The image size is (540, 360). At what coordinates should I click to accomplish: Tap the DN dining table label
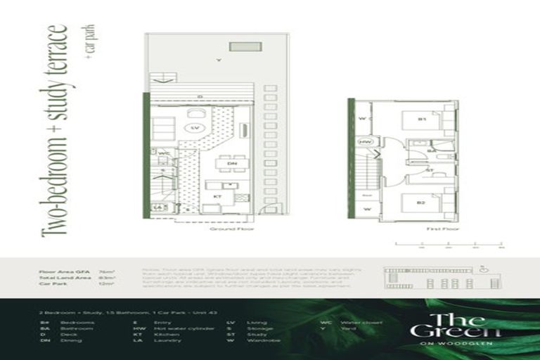(x=232, y=163)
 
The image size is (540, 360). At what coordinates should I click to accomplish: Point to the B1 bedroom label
(x=422, y=120)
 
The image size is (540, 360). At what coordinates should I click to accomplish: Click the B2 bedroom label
(x=420, y=204)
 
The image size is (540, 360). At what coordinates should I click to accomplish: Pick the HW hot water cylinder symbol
(x=365, y=141)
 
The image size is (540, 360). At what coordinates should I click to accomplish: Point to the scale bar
(x=448, y=244)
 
